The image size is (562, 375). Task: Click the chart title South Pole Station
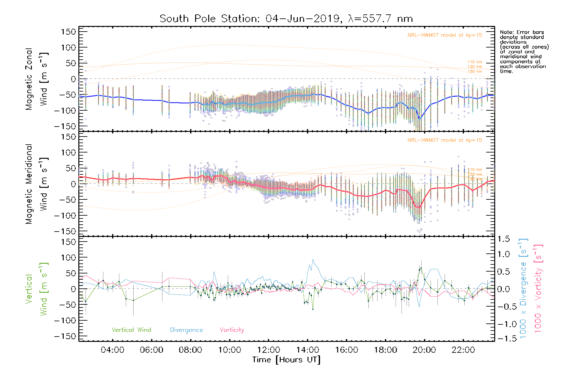286,19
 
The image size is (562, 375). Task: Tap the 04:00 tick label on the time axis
112,350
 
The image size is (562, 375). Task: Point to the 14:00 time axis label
308,350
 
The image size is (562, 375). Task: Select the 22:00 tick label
463,350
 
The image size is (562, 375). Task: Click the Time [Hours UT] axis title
286,360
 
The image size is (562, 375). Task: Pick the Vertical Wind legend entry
131,330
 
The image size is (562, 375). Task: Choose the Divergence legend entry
186,330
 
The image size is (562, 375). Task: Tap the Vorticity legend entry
232,330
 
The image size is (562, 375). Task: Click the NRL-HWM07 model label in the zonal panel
445,35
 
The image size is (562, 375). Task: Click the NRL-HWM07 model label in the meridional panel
445,140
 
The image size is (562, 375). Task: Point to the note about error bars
524,52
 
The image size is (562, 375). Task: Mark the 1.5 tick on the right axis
503,239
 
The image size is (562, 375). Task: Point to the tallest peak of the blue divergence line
313,259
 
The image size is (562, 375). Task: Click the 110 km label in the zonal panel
475,62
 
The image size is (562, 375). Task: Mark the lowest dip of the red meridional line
419,207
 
